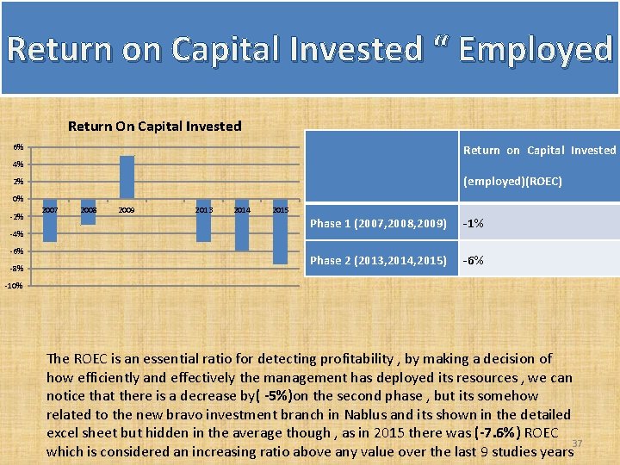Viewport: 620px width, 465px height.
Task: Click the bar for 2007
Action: pos(49,220)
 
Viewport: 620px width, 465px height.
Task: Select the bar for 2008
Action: pos(88,212)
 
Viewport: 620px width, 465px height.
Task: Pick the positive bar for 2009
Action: pos(127,177)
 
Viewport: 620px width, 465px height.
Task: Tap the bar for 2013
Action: pos(203,220)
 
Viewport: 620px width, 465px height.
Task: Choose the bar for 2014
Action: pos(242,225)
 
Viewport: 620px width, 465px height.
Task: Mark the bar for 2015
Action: pos(280,232)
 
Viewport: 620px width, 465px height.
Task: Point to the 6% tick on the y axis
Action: pos(18,147)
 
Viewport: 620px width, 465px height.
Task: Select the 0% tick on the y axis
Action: pos(18,199)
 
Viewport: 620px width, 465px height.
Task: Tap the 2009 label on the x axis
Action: pos(127,209)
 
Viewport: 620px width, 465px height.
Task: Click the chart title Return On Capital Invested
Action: pos(154,126)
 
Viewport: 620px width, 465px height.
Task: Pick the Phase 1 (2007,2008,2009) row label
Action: pos(378,224)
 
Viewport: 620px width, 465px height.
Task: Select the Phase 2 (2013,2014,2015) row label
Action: pos(378,260)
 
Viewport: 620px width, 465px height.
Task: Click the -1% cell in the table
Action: pos(473,224)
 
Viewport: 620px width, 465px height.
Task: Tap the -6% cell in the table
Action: pos(473,260)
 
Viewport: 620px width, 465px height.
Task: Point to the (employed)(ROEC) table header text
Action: pos(512,182)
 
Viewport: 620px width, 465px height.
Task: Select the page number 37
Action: pos(578,443)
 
